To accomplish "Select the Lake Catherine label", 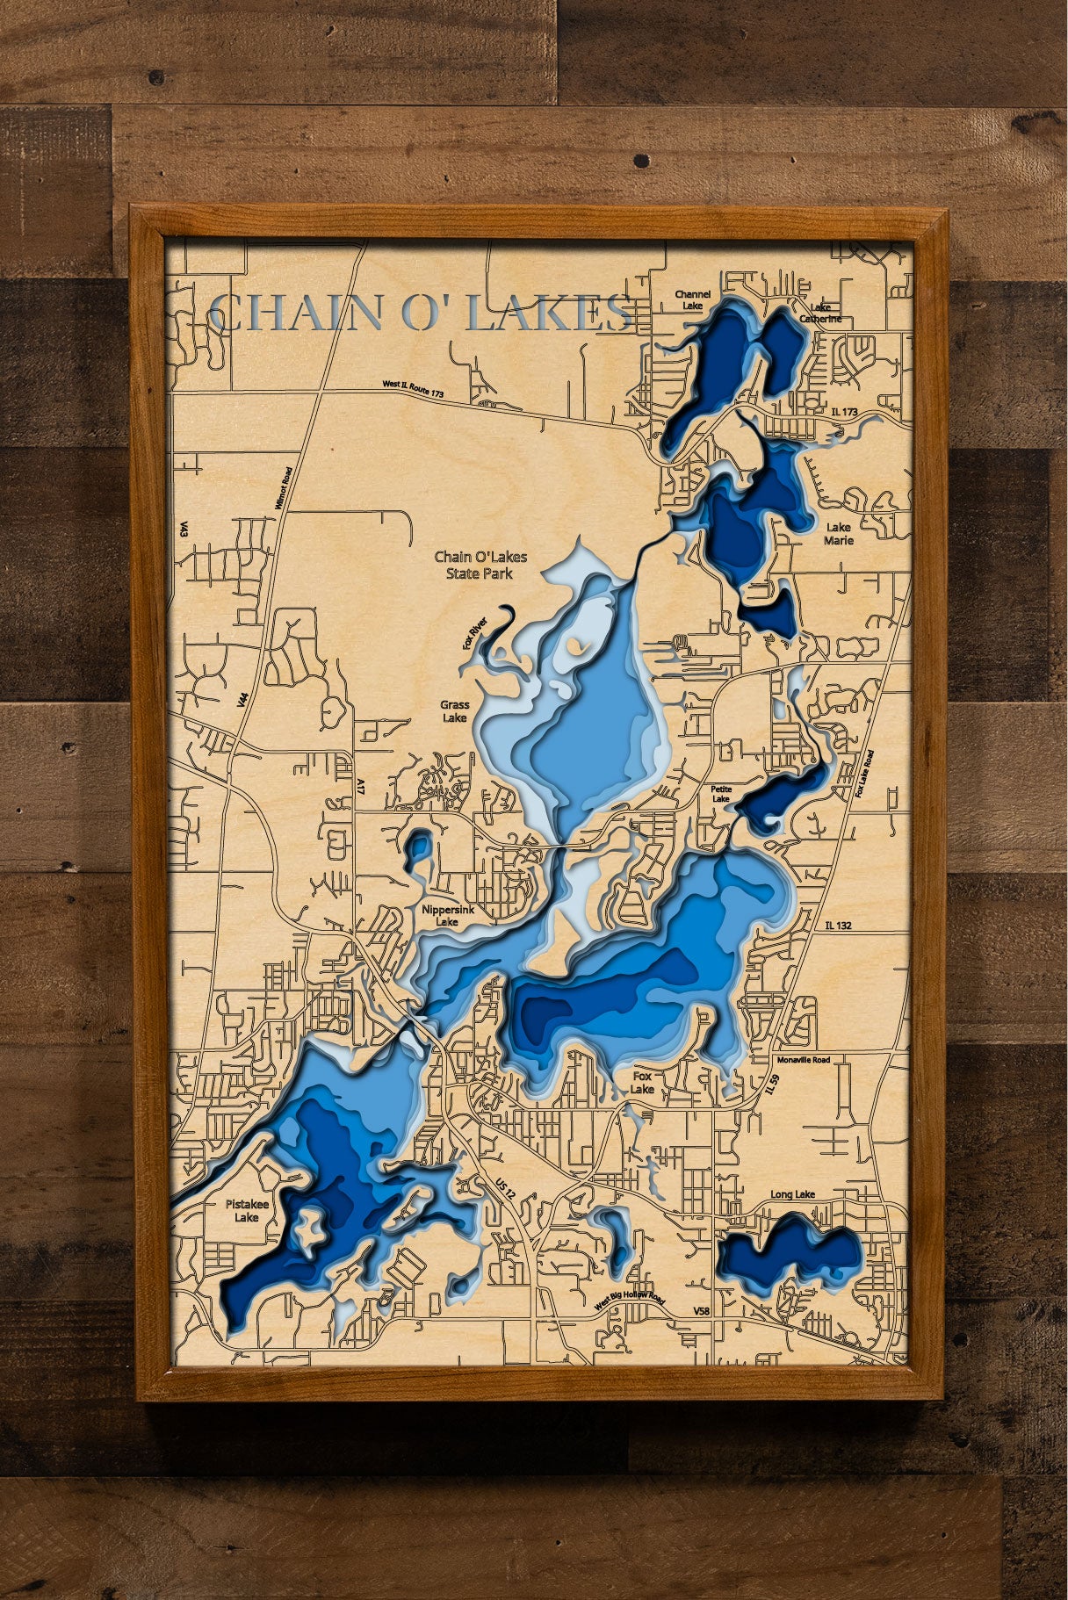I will click(x=825, y=314).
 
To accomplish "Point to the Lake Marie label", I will click(x=838, y=534).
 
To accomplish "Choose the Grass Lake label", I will click(x=455, y=711).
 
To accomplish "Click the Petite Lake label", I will click(x=720, y=794).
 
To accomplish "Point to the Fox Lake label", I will click(x=642, y=1082).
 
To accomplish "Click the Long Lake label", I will click(x=793, y=1194).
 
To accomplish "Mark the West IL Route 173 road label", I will click(x=413, y=389).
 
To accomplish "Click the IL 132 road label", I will click(x=839, y=925).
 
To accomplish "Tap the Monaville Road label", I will click(x=803, y=1060).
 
